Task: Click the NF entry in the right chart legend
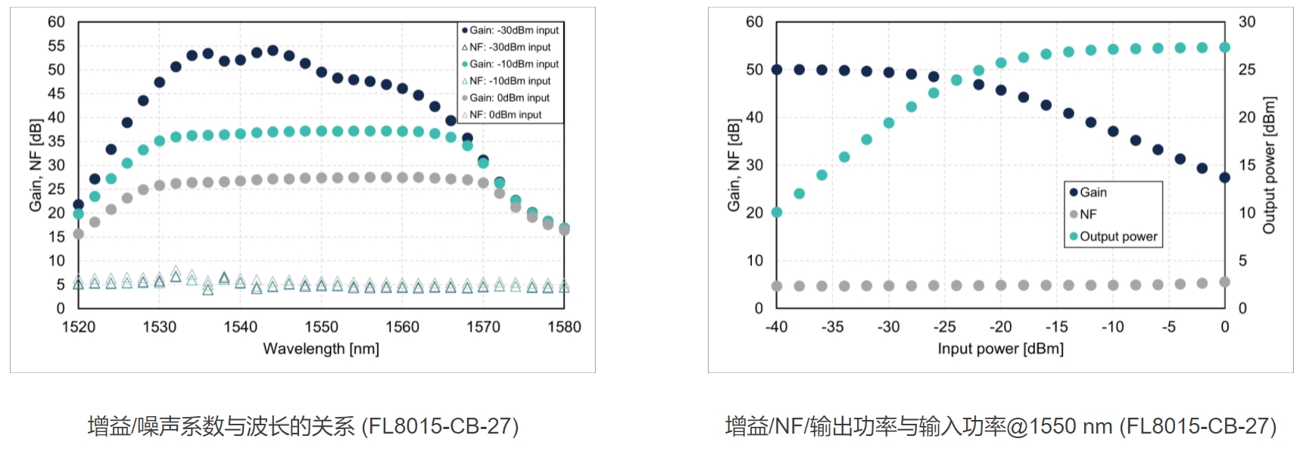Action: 1087,214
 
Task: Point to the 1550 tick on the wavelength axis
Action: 321,327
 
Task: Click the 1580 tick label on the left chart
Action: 564,327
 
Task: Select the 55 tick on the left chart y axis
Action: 57,46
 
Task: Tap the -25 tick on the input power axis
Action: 944,327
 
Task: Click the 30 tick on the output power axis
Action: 1246,22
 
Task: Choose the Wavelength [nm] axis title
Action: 321,349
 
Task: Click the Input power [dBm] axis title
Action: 1000,349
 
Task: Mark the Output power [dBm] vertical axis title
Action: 1270,165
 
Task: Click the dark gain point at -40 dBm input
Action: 777,70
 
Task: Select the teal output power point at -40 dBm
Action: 777,212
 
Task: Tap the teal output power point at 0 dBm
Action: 1224,48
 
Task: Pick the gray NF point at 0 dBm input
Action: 1224,282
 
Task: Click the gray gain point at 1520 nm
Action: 78,234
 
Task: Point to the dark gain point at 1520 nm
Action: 78,204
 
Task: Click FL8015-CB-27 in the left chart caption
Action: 440,427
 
